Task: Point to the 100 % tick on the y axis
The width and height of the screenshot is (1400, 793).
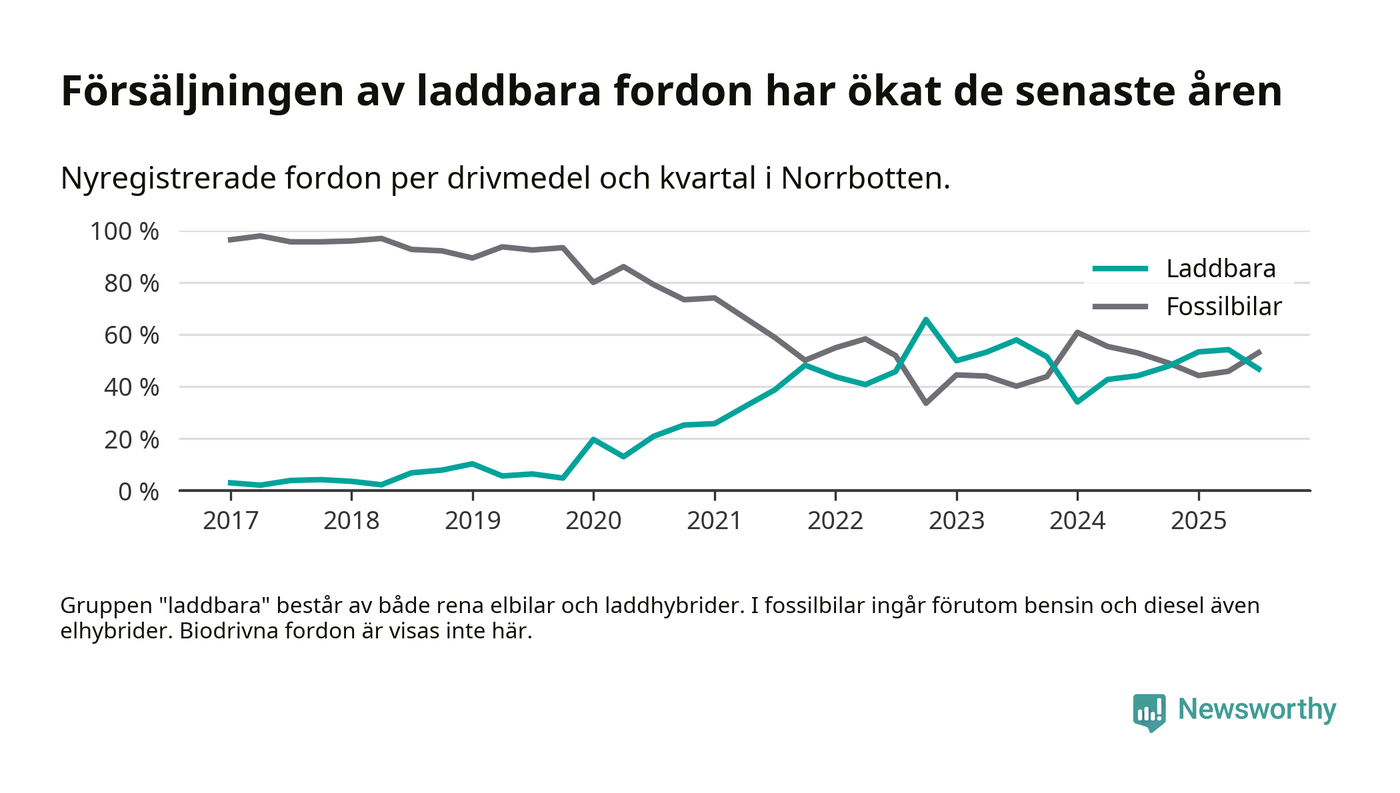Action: [124, 232]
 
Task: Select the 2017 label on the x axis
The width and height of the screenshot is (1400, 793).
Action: [230, 521]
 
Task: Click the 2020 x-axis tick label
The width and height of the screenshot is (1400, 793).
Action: [593, 521]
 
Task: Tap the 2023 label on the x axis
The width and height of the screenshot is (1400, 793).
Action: [956, 521]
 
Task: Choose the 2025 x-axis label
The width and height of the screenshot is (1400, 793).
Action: [1198, 521]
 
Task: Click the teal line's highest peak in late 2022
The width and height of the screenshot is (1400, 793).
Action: [926, 319]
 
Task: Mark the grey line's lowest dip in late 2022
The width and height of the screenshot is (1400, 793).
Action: [926, 403]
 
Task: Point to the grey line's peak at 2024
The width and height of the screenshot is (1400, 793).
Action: [1077, 332]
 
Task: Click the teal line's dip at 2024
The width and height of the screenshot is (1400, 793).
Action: [1077, 401]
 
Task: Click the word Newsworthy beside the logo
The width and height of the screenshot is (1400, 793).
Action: [1256, 710]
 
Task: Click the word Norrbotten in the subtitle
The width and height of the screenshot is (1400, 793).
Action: [863, 179]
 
